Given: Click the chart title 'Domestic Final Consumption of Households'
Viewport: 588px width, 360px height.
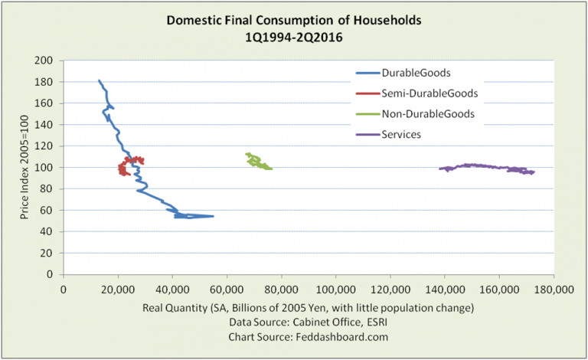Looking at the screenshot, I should (x=294, y=20).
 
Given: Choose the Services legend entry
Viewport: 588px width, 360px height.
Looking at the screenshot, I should (x=410, y=133).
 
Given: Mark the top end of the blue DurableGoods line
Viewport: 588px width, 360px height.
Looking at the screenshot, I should (x=100, y=80).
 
